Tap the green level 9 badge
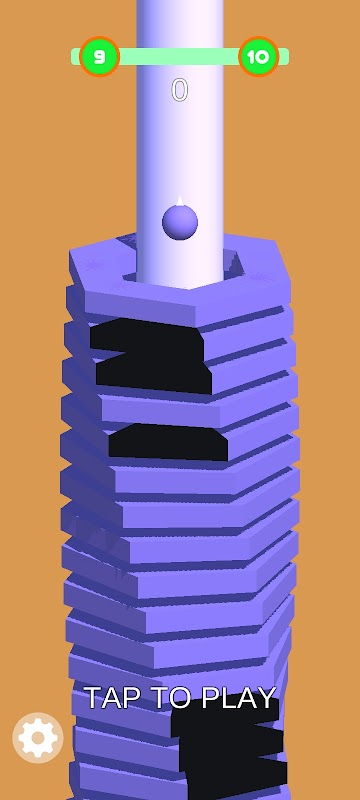click(99, 57)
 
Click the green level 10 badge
click(259, 57)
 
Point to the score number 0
click(179, 90)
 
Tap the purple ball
click(180, 222)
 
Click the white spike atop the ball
click(179, 201)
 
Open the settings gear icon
click(38, 737)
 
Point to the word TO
click(167, 697)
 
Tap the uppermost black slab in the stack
click(146, 336)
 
